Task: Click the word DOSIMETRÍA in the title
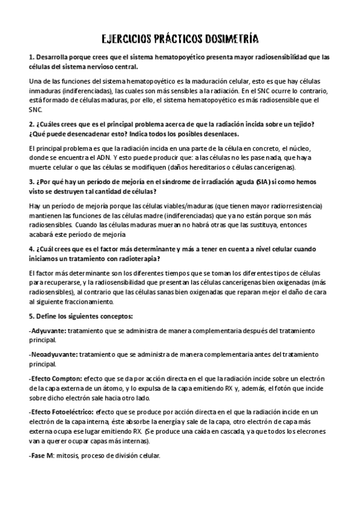[x=231, y=40]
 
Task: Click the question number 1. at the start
[x=31, y=58]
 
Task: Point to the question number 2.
[x=31, y=124]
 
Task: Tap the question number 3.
[x=31, y=182]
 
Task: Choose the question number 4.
[x=31, y=248]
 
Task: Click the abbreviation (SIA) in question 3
[x=263, y=182]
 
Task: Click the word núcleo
[x=309, y=147]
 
